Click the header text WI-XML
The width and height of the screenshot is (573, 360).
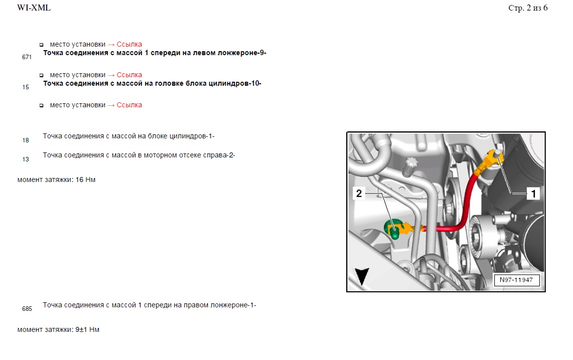[34, 8]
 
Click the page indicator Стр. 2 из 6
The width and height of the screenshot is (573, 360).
[528, 8]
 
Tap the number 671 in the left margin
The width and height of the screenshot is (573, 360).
[27, 57]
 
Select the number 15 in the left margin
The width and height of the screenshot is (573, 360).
[26, 87]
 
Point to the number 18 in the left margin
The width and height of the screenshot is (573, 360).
[26, 140]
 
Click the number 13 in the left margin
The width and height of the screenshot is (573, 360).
[26, 159]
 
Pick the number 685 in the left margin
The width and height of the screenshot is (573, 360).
[27, 309]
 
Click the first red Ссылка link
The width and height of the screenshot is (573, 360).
[129, 44]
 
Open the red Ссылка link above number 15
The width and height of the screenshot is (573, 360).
[129, 75]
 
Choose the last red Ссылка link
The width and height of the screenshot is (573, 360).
[129, 105]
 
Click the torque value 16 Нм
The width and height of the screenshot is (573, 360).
[85, 179]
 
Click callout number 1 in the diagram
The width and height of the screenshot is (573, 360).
[533, 194]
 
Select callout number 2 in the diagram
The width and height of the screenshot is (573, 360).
[359, 194]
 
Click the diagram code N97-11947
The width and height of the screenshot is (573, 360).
[516, 280]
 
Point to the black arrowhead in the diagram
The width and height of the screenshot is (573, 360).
[362, 276]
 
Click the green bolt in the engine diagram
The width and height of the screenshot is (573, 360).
[393, 229]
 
